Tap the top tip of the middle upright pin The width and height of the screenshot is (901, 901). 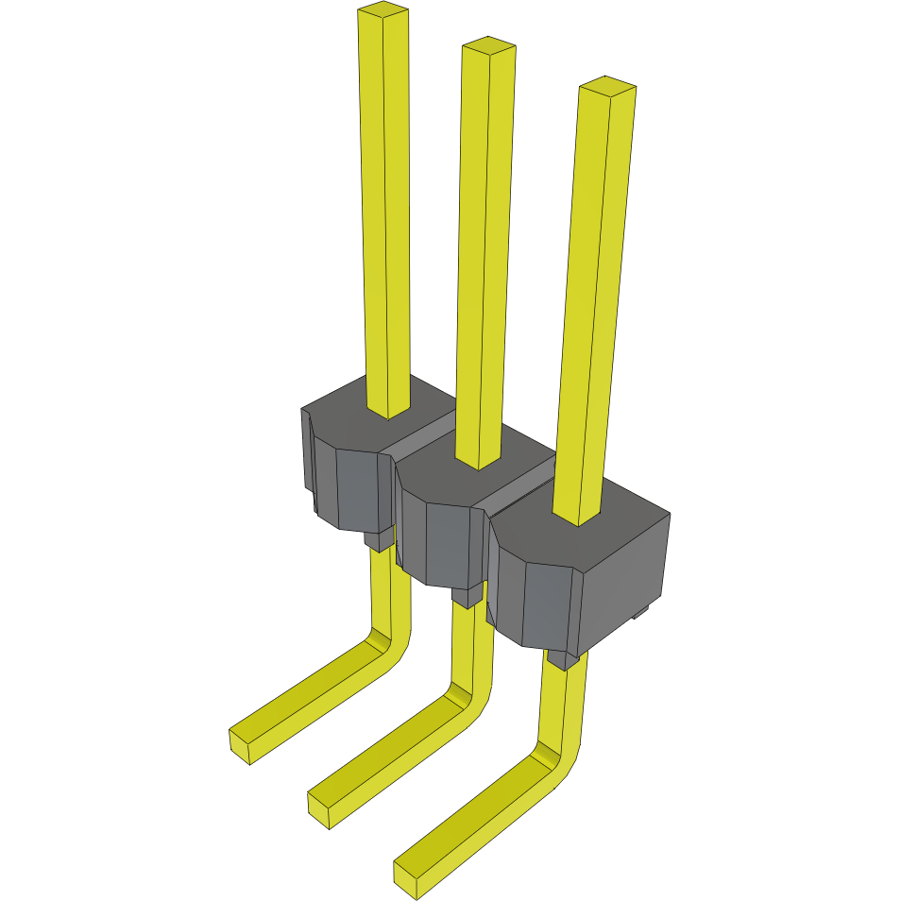tap(488, 44)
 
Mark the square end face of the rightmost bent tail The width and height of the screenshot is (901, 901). tap(407, 875)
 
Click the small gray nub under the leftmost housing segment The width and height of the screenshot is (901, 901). tap(379, 540)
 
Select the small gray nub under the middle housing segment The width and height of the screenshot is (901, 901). tap(465, 598)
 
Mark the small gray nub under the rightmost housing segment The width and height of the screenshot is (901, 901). tap(563, 659)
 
